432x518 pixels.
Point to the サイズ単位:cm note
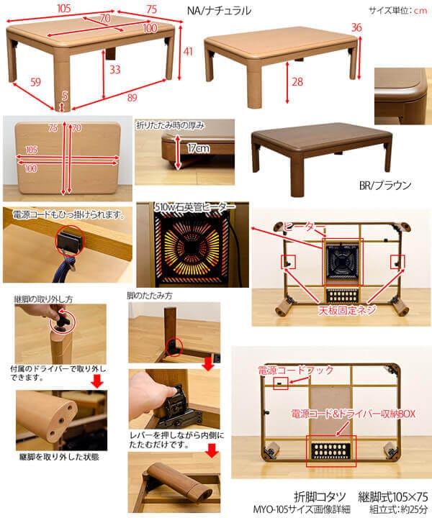pos(397,11)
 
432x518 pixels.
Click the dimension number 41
pos(187,51)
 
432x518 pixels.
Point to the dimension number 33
pos(114,70)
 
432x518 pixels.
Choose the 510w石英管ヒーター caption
pos(193,206)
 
